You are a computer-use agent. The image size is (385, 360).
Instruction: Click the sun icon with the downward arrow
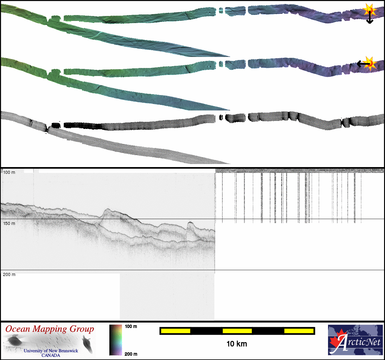(370, 10)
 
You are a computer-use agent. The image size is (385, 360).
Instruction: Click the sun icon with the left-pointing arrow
(370, 63)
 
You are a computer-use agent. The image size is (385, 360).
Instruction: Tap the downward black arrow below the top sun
(370, 17)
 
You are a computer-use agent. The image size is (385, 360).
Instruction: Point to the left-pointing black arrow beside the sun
(363, 63)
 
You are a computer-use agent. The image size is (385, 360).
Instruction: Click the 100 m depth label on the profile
(9, 172)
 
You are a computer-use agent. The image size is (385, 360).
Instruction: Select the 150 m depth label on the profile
(9, 223)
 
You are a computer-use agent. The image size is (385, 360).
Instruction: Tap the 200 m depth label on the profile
(9, 274)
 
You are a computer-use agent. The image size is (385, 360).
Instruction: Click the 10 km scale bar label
(237, 344)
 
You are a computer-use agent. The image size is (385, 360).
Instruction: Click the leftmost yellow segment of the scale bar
(176, 331)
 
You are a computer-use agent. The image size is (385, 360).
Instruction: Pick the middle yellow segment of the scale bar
(237, 331)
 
